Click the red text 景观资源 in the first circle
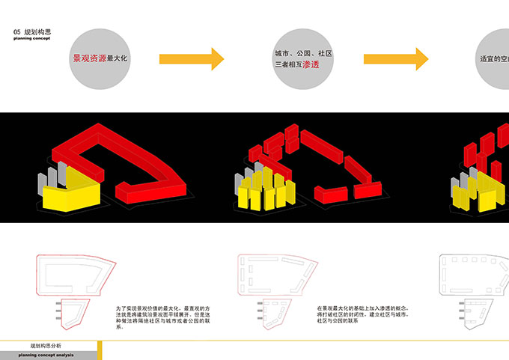[x=88, y=58]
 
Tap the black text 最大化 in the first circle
[x=118, y=58]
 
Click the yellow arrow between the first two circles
[x=192, y=59]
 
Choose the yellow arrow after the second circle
[x=396, y=59]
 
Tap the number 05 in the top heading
[x=17, y=33]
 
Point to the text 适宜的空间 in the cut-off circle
[x=494, y=59]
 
